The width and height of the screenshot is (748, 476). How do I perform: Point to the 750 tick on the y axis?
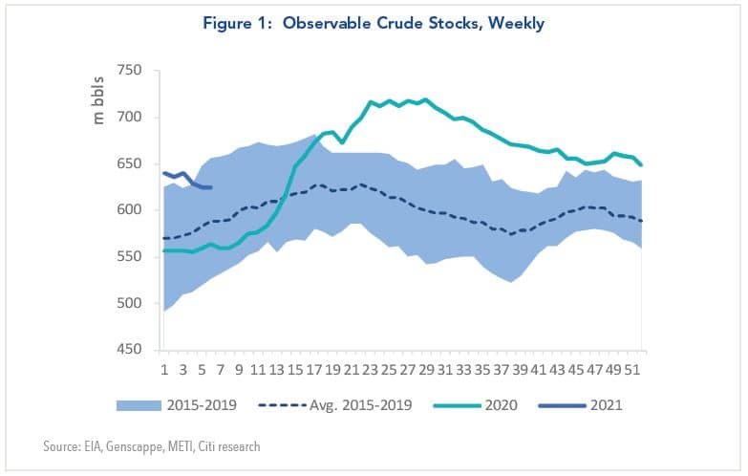129,71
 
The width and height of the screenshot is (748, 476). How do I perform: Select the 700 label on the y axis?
129,118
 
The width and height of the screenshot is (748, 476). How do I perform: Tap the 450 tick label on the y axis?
129,350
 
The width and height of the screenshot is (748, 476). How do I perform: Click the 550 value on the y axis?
129,257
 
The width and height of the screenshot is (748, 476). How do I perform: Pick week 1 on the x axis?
164,367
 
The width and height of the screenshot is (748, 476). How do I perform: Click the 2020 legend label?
502,405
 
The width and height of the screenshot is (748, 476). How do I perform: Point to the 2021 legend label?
607,405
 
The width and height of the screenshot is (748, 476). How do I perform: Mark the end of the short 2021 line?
211,187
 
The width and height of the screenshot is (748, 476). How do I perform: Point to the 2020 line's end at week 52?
641,164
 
